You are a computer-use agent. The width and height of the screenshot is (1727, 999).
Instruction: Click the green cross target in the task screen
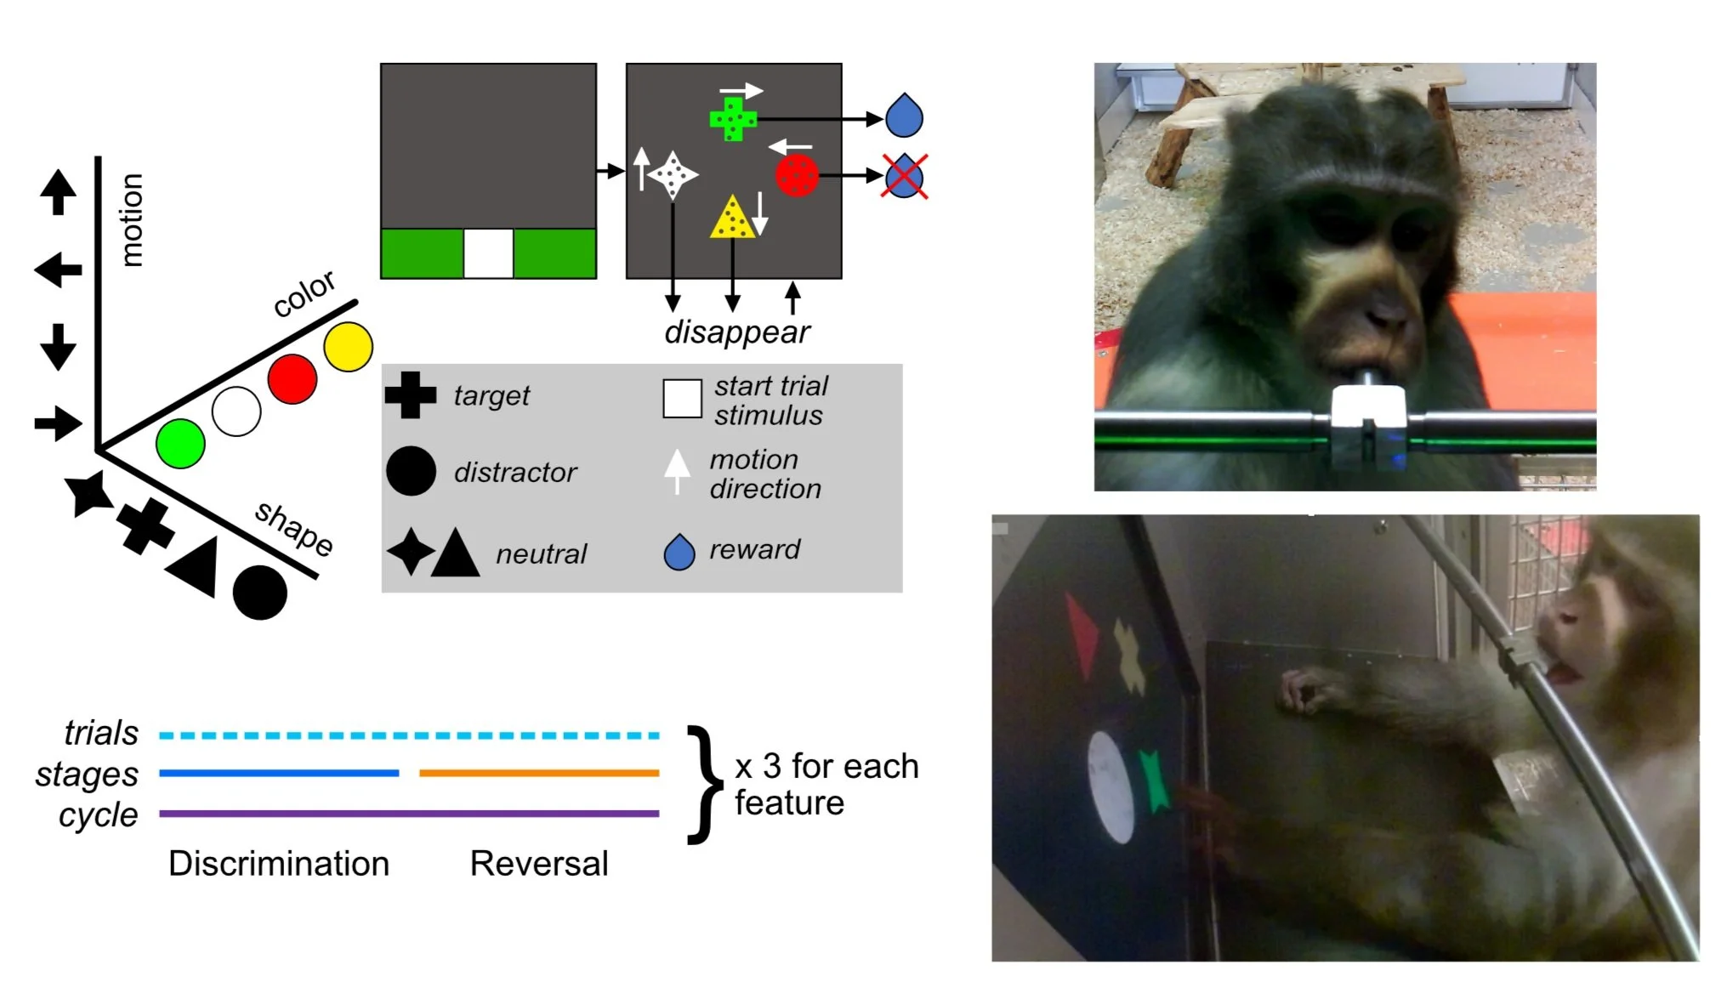click(732, 119)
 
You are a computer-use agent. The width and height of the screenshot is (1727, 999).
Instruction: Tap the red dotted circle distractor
click(797, 175)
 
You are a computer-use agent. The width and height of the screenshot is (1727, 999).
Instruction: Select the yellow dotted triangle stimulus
click(731, 219)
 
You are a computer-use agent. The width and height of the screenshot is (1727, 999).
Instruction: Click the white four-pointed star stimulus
click(673, 175)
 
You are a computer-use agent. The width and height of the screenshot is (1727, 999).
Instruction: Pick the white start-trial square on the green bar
click(488, 253)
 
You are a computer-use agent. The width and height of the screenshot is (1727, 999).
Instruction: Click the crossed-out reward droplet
click(904, 177)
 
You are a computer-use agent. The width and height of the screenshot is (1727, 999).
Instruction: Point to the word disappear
click(737, 332)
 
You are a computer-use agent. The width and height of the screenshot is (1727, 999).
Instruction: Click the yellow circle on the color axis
click(349, 347)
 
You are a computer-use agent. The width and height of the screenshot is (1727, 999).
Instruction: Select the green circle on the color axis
click(180, 443)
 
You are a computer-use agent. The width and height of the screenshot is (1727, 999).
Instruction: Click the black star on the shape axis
click(88, 493)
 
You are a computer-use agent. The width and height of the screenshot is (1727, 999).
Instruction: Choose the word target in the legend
click(491, 395)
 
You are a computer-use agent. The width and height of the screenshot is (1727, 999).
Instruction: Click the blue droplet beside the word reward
click(679, 552)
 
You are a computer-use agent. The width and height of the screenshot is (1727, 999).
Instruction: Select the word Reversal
click(539, 864)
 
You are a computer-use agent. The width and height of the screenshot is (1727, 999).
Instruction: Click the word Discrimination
click(279, 864)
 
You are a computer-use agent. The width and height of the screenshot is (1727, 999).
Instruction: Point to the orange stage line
click(539, 773)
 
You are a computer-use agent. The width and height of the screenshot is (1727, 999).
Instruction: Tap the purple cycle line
click(409, 814)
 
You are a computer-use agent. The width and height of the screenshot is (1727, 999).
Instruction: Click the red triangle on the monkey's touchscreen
click(1081, 633)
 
